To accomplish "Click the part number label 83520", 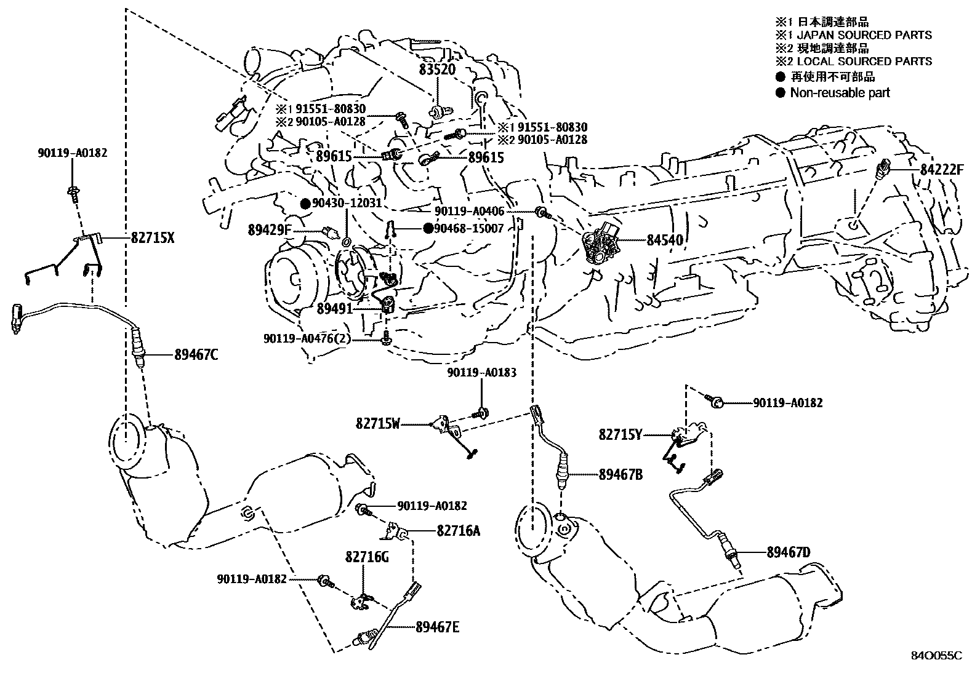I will point(437,70).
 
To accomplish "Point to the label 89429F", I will point(269,231).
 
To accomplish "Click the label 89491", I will point(335,308).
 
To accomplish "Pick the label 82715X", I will point(152,237).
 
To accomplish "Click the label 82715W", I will point(378,423).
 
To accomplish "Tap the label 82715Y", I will point(620,434).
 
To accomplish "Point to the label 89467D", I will point(789,552).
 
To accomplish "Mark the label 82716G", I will point(367,557).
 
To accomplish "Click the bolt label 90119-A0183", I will point(481,373).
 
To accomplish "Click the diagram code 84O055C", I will point(936,656).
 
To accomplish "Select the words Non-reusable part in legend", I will point(840,93).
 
